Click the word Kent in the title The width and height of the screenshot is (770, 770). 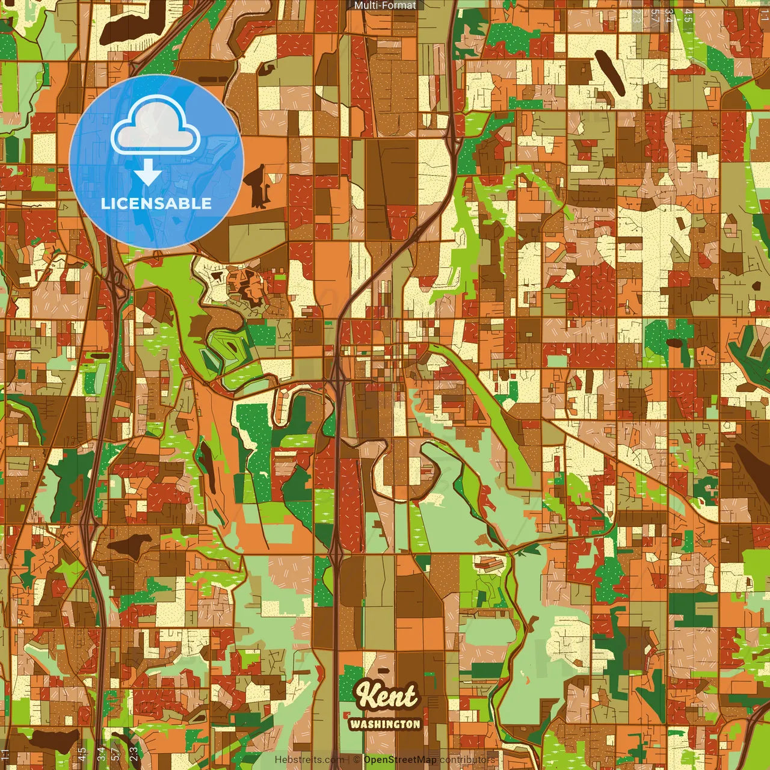point(386,696)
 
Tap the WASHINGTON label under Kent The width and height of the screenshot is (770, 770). point(385,724)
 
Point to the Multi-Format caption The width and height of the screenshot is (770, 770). point(385,5)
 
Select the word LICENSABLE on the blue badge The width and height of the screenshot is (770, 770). point(156,203)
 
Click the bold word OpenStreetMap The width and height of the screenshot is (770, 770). point(400,760)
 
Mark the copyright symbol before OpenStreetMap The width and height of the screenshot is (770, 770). point(357,760)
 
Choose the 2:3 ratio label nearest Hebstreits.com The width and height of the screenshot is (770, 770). point(134,753)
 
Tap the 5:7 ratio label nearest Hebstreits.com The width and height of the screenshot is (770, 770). point(115,753)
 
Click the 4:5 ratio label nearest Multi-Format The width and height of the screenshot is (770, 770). point(688,16)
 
